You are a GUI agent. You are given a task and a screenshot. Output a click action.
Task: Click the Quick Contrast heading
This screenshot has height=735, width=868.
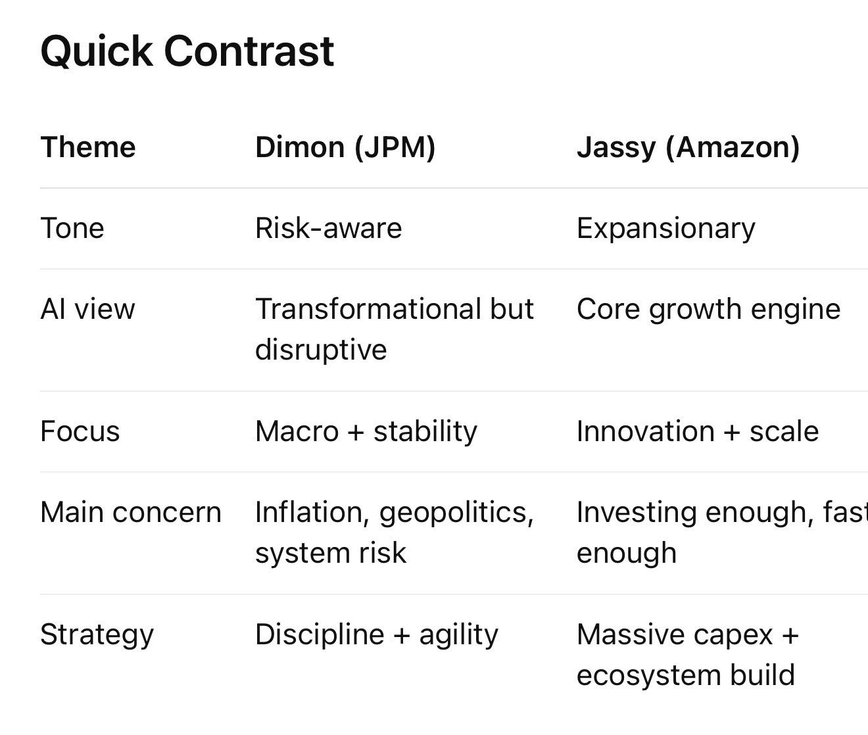[187, 52]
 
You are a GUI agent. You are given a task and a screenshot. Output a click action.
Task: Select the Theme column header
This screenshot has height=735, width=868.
[88, 147]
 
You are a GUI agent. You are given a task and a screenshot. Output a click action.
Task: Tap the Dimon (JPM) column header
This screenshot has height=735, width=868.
[345, 148]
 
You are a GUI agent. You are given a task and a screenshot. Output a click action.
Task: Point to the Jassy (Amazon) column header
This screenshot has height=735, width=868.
[688, 149]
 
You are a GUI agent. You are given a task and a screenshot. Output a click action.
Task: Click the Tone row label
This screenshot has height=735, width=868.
[72, 228]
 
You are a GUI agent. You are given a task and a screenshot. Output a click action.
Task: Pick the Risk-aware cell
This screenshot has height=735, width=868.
[328, 228]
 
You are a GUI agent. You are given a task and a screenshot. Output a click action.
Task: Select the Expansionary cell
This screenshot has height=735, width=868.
[665, 229]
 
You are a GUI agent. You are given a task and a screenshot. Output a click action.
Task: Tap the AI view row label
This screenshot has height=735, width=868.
[87, 310]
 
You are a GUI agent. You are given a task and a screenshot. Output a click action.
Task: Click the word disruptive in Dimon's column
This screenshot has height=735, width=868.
[321, 350]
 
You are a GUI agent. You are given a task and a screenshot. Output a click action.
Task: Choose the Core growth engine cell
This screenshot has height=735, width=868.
[708, 310]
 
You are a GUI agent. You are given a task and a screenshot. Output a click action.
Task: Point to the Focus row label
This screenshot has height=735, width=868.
[80, 431]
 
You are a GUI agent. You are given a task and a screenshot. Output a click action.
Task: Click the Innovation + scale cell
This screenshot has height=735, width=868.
[698, 431]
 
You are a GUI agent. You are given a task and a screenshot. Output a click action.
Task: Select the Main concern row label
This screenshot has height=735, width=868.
[131, 513]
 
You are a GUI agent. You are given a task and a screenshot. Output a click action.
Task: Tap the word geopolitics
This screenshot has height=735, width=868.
[456, 513]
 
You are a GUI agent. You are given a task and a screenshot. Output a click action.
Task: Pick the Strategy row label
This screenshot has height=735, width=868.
[97, 635]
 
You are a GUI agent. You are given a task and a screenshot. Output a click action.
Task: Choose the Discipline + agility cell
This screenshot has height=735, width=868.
[377, 635]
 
